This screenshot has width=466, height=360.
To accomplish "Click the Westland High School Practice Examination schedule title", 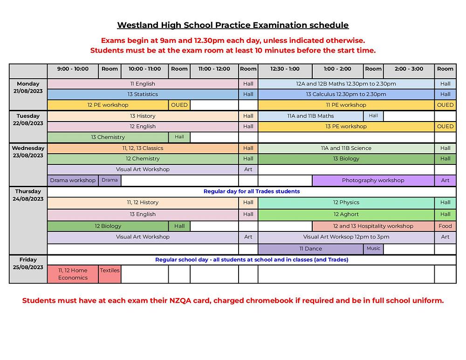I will tap(233, 25).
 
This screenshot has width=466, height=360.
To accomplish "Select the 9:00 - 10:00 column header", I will tap(73, 69).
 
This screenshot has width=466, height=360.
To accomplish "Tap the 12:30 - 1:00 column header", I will tap(285, 69).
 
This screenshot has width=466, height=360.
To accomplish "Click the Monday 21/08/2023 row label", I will tap(28, 88).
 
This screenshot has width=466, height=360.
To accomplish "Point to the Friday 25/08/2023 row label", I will tap(28, 264).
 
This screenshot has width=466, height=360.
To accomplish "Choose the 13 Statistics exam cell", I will tap(143, 94).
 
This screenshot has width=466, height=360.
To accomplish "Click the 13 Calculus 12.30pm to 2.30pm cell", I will tap(346, 94).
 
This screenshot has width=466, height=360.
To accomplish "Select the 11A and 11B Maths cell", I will tap(310, 116).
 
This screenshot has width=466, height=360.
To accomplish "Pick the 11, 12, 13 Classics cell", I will tap(143, 148).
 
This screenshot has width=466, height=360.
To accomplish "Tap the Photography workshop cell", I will tap(373, 180).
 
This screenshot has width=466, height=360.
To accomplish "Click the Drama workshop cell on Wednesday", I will tap(73, 180).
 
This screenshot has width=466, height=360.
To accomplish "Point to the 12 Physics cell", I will tap(346, 203).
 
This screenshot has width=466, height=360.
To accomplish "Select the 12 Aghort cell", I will tap(346, 214).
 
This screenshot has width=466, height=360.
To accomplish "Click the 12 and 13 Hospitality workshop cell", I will tap(373, 226).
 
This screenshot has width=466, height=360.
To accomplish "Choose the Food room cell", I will tap(445, 226).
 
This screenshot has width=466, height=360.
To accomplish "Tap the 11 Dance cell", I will tap(310, 249).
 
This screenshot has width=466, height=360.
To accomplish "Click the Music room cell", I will tap(373, 249).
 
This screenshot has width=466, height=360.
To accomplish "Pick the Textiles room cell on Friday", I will tap(110, 271).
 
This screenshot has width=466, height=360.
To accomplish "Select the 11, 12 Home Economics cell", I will tap(73, 274).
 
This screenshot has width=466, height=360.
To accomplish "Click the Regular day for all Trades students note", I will tap(252, 191).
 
